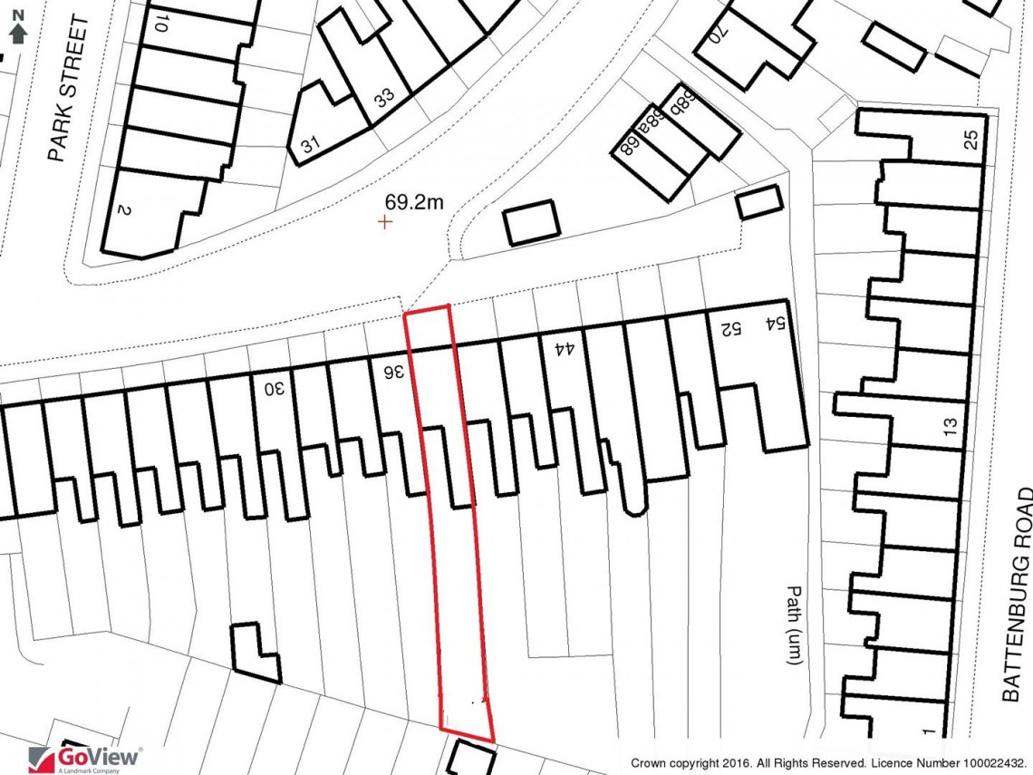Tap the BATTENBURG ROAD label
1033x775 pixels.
(1019, 594)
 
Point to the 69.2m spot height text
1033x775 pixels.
(414, 203)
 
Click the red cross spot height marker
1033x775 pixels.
(386, 221)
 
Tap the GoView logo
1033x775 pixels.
(86, 757)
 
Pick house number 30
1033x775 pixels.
(274, 389)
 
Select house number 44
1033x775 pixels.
(565, 346)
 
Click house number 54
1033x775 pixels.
(774, 323)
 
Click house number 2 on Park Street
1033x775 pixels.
(124, 210)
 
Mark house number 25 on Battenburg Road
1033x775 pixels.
(971, 140)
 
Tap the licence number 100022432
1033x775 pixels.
(988, 763)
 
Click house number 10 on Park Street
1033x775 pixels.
(160, 24)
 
